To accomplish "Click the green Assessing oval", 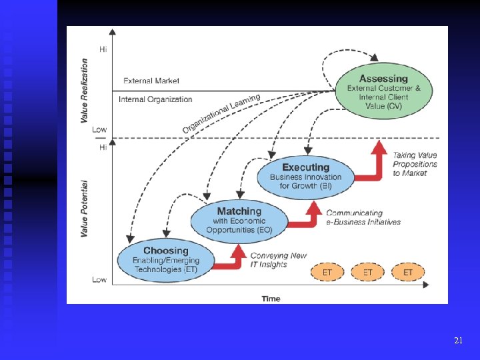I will [x=383, y=93].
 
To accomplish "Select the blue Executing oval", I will [x=305, y=177].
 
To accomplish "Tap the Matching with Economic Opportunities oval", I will [x=239, y=221].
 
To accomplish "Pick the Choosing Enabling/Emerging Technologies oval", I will [x=165, y=260].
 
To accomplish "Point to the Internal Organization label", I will [x=155, y=99].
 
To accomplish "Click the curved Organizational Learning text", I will [x=221, y=113].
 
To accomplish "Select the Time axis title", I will [x=271, y=298].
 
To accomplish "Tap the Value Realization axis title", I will [x=85, y=91].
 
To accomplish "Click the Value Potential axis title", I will [x=85, y=208].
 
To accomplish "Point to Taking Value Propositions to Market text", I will [x=415, y=164].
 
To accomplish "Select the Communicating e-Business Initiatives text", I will [x=363, y=217].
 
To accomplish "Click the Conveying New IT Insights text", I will [x=278, y=260].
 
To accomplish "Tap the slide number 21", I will [x=458, y=341].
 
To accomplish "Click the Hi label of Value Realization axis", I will [x=103, y=49].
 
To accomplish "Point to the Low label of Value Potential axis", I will [x=99, y=279].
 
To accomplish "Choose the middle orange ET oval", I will [x=368, y=272].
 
